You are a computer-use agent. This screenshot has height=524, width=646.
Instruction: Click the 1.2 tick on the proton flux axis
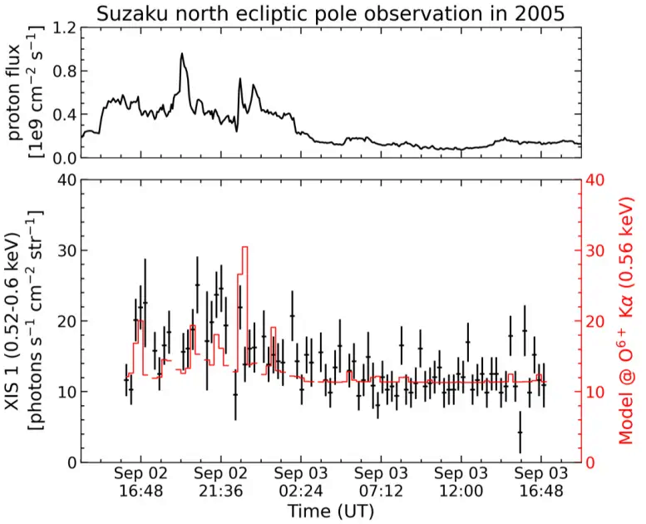click(62, 27)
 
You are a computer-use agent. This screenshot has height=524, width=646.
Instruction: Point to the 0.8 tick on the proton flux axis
click(62, 71)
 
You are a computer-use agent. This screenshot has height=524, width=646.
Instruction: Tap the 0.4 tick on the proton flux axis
click(62, 114)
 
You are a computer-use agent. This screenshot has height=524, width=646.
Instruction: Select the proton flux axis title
click(24, 92)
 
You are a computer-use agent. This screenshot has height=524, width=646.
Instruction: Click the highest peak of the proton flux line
click(181, 54)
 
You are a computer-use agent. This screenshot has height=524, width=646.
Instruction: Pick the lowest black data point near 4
click(520, 433)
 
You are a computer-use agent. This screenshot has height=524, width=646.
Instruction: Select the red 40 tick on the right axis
click(598, 180)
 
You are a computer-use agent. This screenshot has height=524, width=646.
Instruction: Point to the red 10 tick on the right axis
click(598, 392)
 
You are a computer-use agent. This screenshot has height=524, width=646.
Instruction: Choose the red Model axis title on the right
click(625, 320)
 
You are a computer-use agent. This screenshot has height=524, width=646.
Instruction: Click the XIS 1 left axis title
click(25, 320)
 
